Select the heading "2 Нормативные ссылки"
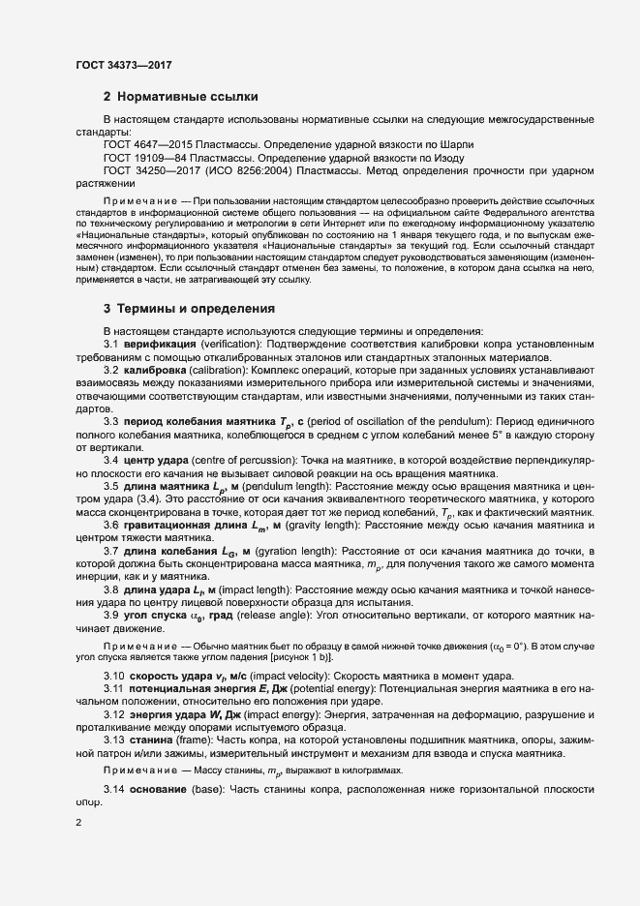click(x=180, y=97)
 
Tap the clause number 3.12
click(x=115, y=713)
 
